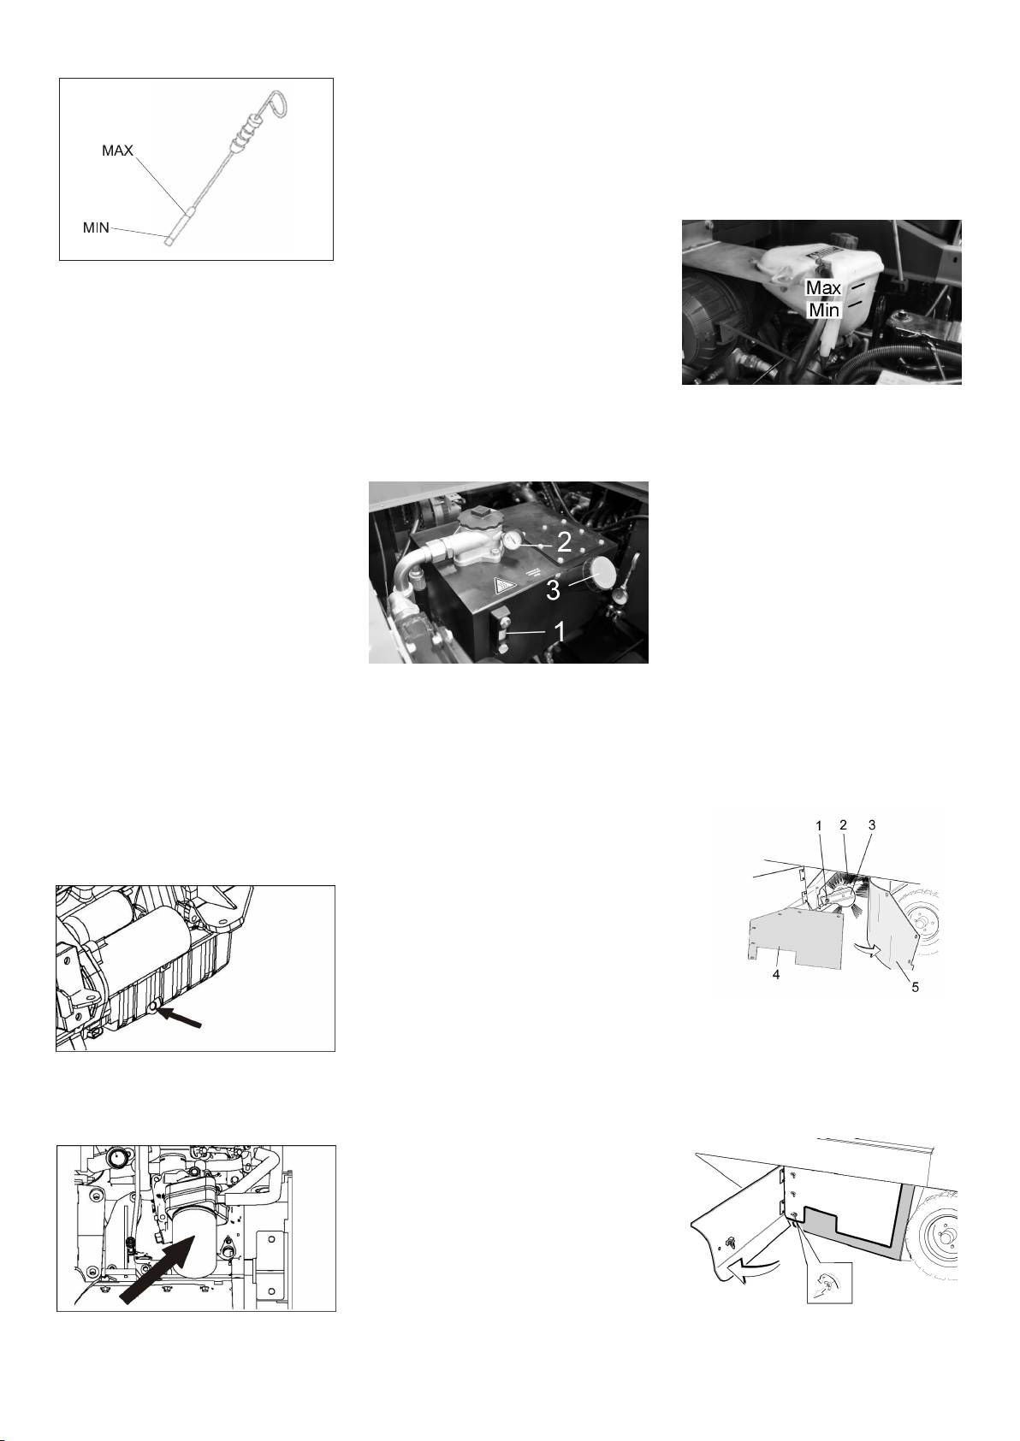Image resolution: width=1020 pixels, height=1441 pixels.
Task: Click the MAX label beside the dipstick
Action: tap(118, 151)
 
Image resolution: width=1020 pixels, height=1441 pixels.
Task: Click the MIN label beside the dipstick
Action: tap(96, 227)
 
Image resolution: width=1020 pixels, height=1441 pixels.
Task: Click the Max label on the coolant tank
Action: tap(824, 287)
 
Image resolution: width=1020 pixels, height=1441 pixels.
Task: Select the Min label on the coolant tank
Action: tap(824, 310)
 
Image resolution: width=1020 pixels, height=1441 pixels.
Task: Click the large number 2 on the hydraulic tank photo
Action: tap(564, 543)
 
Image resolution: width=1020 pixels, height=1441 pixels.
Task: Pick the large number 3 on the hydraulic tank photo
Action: tap(553, 590)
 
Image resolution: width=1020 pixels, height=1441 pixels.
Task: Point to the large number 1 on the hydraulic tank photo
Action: tap(560, 632)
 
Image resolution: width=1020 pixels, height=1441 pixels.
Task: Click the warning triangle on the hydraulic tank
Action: tap(503, 586)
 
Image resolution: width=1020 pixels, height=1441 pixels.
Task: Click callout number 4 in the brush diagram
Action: tap(776, 975)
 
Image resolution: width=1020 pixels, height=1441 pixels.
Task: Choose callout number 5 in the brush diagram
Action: tap(915, 987)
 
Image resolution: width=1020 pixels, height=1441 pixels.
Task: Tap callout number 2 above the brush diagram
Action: tap(843, 824)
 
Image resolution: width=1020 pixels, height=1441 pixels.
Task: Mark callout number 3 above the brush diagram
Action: tap(872, 824)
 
